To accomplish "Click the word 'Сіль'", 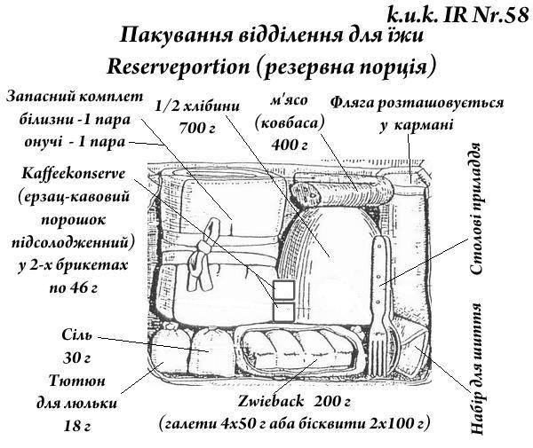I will [x=76, y=338].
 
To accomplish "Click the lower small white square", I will [x=283, y=311].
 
